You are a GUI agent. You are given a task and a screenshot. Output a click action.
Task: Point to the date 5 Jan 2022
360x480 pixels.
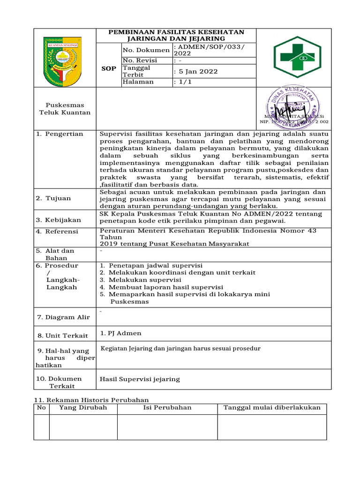click(x=195, y=72)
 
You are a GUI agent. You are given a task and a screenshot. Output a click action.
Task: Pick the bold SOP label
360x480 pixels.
click(x=109, y=68)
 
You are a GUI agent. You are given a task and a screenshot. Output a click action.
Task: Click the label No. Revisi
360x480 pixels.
click(x=140, y=60)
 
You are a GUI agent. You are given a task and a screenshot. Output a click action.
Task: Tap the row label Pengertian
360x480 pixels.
click(x=64, y=134)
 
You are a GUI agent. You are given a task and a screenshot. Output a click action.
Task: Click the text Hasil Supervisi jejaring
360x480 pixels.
click(x=140, y=379)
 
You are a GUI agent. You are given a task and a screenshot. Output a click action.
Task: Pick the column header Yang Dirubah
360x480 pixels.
click(x=83, y=408)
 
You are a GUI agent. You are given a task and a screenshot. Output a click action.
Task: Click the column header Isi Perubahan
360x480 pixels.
click(x=167, y=408)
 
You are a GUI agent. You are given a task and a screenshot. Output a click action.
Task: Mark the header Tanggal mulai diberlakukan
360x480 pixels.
click(x=272, y=408)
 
